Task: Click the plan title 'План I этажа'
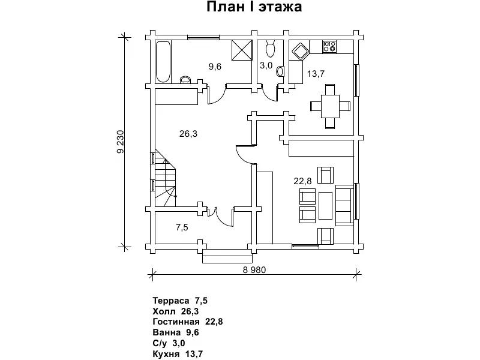click(254, 8)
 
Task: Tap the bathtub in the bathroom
click(163, 61)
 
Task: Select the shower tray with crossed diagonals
click(242, 50)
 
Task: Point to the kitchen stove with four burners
click(330, 45)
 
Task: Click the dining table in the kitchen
click(329, 106)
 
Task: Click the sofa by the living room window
click(344, 204)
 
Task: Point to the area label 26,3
click(188, 134)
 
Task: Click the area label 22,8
click(302, 181)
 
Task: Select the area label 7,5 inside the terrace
click(182, 227)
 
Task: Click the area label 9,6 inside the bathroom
click(215, 67)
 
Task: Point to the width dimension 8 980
click(254, 269)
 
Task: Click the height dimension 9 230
click(120, 142)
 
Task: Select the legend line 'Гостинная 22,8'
click(188, 322)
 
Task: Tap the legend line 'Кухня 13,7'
click(178, 354)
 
